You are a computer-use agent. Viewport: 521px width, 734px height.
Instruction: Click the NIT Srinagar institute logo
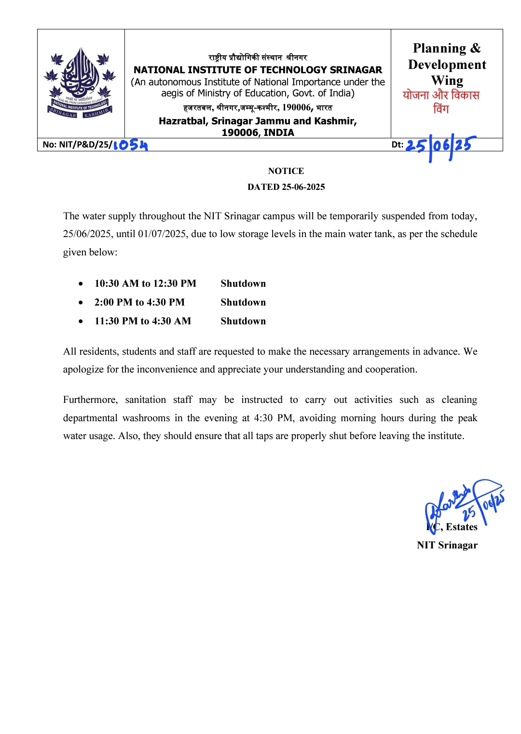[x=80, y=82]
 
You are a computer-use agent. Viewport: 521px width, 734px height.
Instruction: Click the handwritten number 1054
[x=131, y=145]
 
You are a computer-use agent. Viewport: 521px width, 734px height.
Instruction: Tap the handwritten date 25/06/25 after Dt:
[x=440, y=146]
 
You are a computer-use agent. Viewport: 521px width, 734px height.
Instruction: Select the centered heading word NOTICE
[x=286, y=171]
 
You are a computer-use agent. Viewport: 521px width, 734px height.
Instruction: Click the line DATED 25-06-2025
[x=286, y=187]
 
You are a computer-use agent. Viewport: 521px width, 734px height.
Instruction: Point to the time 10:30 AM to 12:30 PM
[x=145, y=283]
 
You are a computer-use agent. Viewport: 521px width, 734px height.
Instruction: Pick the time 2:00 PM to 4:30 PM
[x=139, y=302]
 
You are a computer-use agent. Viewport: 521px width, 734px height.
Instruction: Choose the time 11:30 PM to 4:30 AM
[x=143, y=321]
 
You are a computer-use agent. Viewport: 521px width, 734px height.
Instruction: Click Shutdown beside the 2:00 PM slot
[x=243, y=302]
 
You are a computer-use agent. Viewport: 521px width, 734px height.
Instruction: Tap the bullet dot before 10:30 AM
[x=81, y=284]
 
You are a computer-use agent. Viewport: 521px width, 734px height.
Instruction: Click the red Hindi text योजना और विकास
[x=441, y=95]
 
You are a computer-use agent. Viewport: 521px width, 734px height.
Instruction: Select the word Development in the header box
[x=447, y=65]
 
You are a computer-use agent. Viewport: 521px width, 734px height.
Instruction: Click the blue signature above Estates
[x=463, y=504]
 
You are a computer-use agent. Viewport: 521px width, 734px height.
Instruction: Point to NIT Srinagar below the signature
[x=447, y=545]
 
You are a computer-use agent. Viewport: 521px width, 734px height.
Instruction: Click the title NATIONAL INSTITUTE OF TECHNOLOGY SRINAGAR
[x=258, y=70]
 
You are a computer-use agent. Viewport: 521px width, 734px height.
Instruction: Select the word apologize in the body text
[x=83, y=369]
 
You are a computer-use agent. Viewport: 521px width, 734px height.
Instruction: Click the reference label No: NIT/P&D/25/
[x=77, y=145]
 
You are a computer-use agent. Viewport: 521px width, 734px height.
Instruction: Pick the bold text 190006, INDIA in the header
[x=258, y=133]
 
